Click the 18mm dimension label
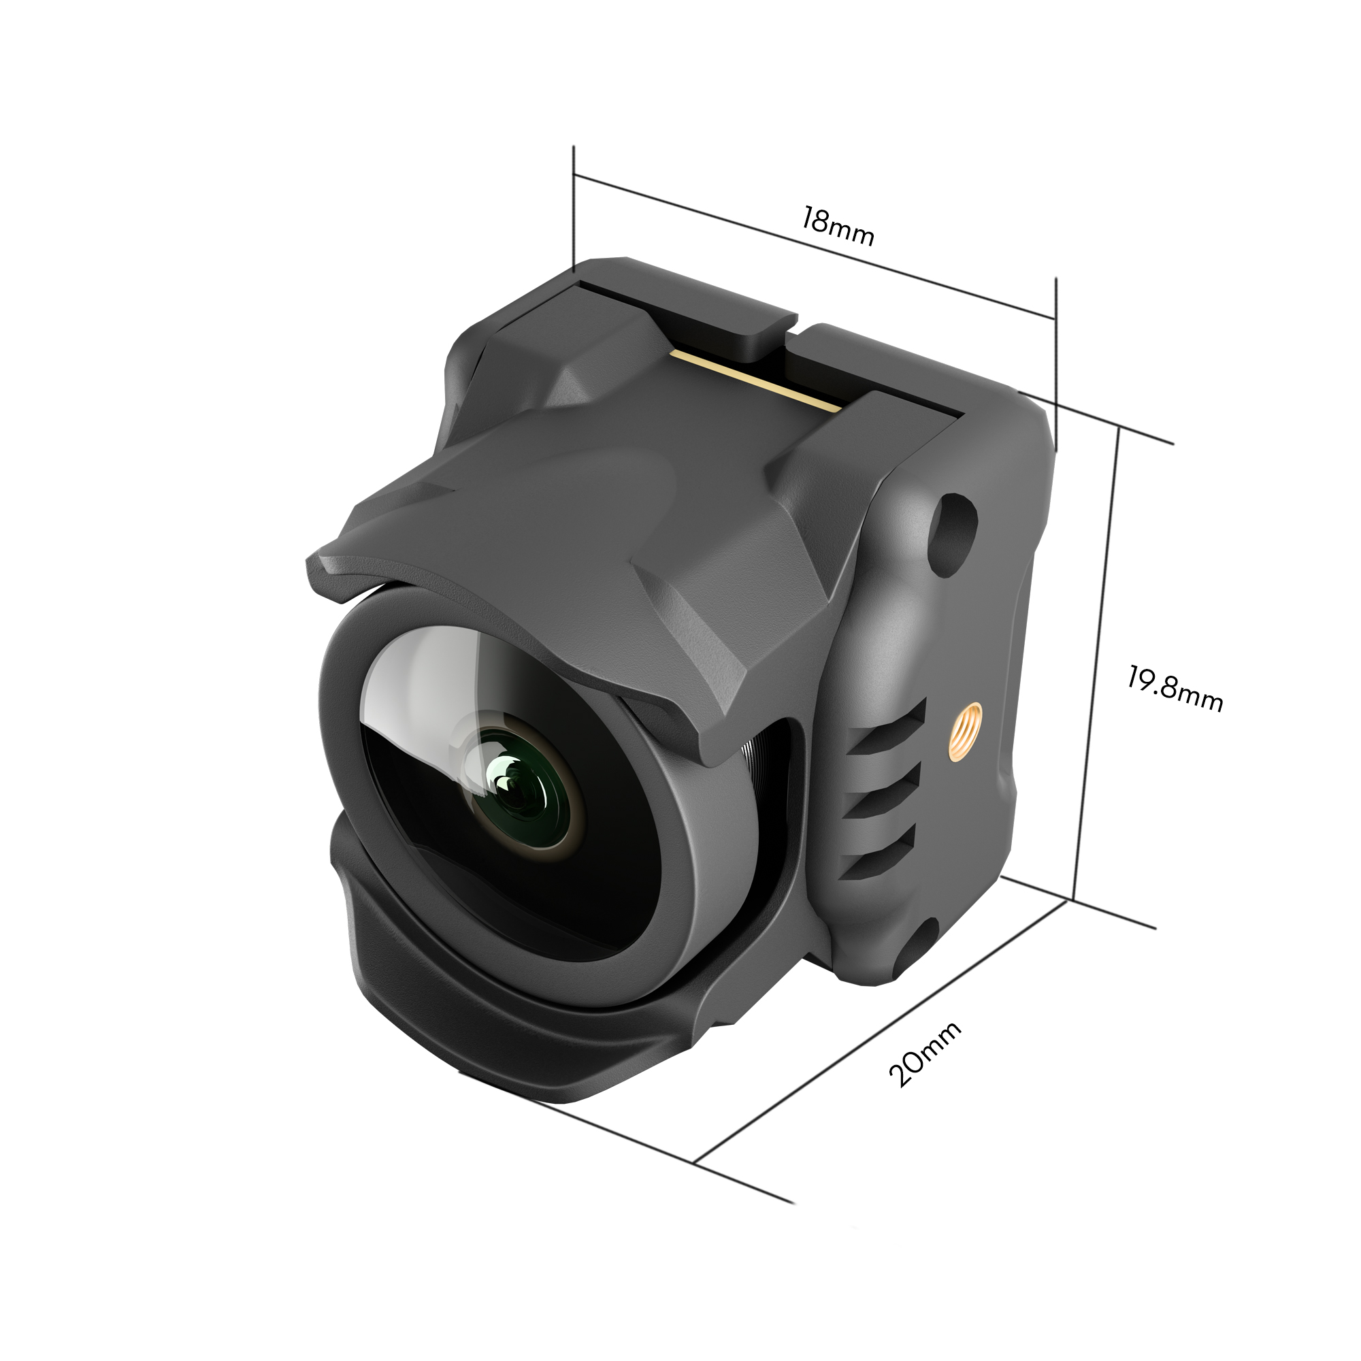coord(838,226)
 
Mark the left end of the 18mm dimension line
coord(574,174)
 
